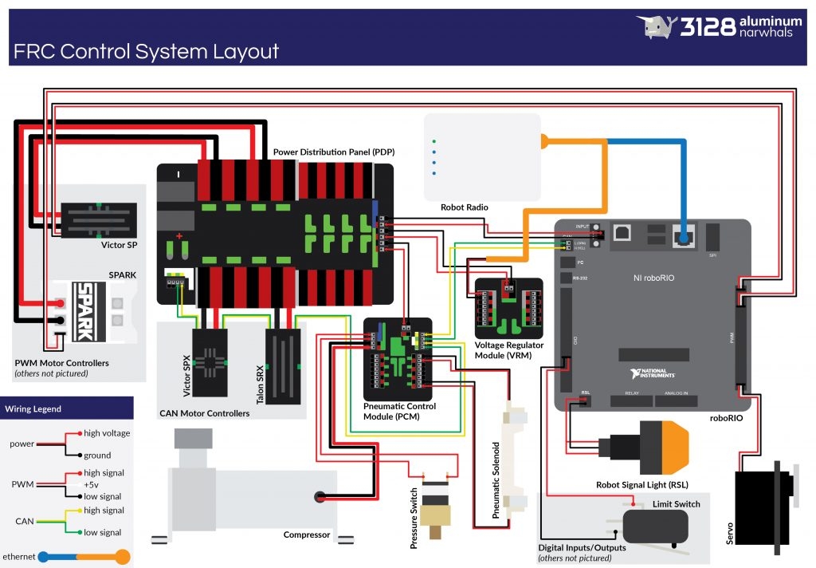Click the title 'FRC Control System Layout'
tap(146, 52)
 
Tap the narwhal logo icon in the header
tap(656, 27)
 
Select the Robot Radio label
tap(464, 207)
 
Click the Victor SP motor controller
tap(99, 218)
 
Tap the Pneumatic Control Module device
tap(397, 359)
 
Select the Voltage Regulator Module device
tap(508, 308)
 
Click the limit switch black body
tap(655, 526)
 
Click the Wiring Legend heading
tap(33, 409)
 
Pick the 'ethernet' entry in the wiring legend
tap(20, 556)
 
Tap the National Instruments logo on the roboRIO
tap(652, 373)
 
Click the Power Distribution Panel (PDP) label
tap(334, 152)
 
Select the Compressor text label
tap(306, 534)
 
